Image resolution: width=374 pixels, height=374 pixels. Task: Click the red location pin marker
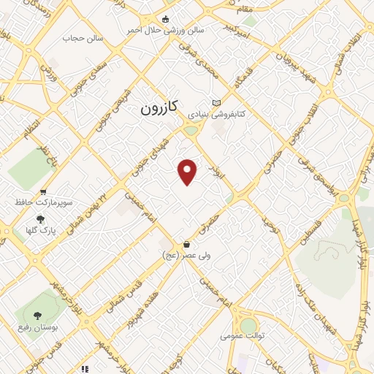click(x=188, y=171)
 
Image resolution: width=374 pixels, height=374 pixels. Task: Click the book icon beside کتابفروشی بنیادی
click(x=215, y=103)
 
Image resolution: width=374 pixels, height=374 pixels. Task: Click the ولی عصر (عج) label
click(x=186, y=256)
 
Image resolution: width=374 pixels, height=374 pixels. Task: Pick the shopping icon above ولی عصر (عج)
click(x=187, y=244)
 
